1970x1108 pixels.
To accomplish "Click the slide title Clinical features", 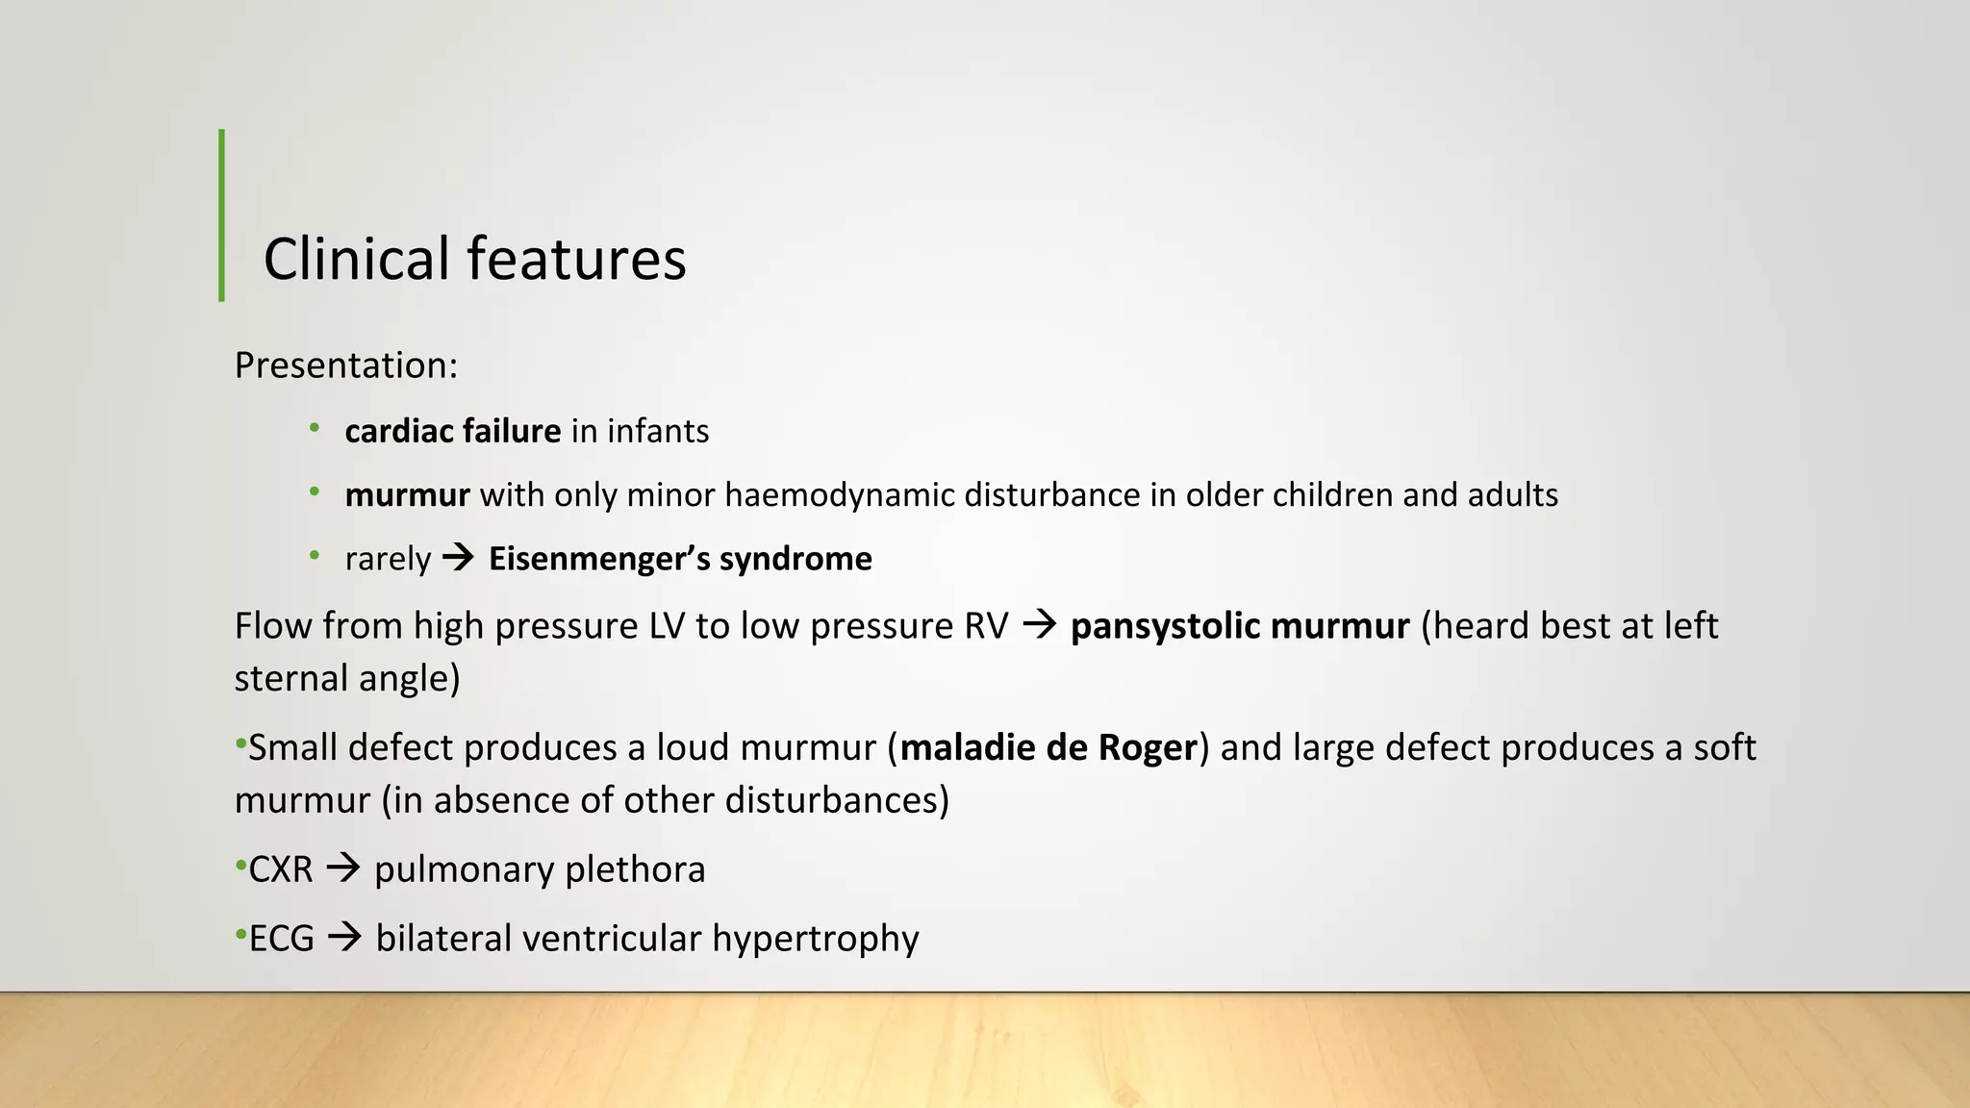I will [x=474, y=259].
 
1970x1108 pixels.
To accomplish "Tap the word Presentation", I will [x=343, y=365].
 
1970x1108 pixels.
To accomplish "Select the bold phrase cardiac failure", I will [x=452, y=431].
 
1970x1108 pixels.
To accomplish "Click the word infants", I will [x=658, y=431].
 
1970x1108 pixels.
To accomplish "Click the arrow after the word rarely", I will [x=459, y=558].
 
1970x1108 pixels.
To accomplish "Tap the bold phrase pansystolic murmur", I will [x=1240, y=626].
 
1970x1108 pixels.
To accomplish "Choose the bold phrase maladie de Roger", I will [x=1048, y=747].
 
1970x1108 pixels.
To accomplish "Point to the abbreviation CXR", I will [x=281, y=869].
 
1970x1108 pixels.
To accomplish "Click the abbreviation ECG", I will [x=282, y=939].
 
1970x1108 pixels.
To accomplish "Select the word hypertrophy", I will [x=816, y=939].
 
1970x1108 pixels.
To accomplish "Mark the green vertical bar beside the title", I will [x=222, y=215].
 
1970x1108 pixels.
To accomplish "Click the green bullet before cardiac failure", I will [x=315, y=428].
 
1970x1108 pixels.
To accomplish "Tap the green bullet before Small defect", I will [x=240, y=744].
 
